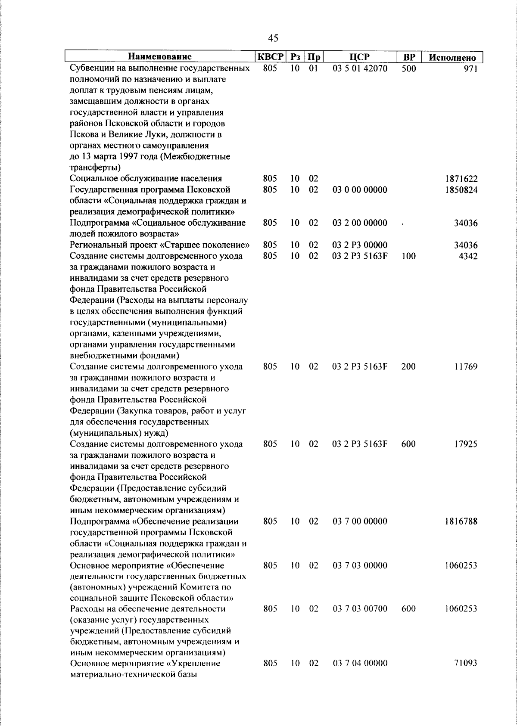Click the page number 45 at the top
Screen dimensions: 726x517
tap(273, 38)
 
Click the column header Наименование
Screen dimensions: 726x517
tap(160, 57)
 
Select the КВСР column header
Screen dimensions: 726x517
tap(270, 57)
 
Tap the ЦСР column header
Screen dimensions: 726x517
tap(360, 57)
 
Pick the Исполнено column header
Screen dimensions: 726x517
tap(452, 57)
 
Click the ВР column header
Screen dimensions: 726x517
tap(409, 57)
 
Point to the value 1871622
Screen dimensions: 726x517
tap(461, 179)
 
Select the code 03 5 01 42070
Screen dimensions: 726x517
tap(360, 68)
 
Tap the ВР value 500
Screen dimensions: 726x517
tap(408, 68)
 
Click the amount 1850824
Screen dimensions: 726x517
tap(461, 190)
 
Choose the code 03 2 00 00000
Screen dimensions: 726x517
tap(360, 223)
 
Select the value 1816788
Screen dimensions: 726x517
tap(461, 521)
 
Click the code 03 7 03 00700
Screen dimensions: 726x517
tap(360, 609)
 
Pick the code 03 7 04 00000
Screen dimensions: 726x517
tap(360, 664)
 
